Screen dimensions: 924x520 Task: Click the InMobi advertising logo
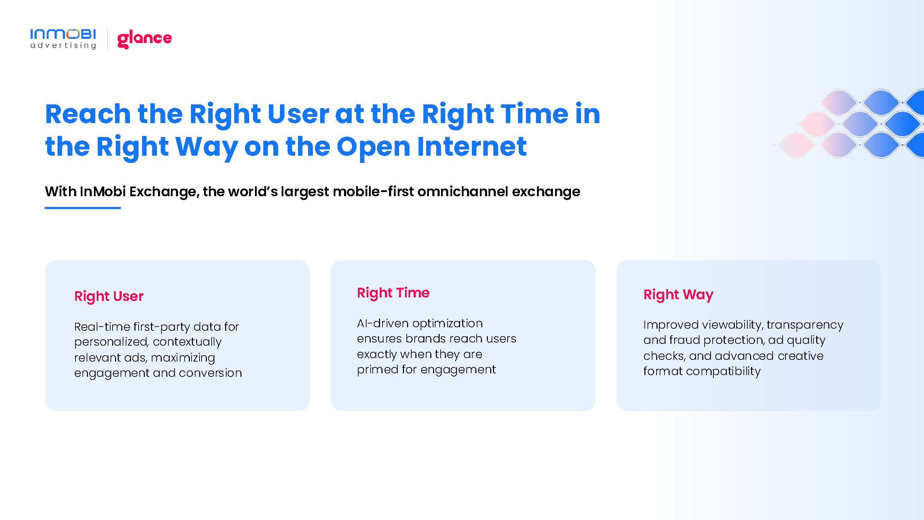pyautogui.click(x=63, y=39)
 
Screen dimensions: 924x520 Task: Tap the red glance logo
pyautogui.click(x=144, y=39)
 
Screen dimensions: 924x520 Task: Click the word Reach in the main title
pyautogui.click(x=88, y=114)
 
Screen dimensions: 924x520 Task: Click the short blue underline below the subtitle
pyautogui.click(x=83, y=208)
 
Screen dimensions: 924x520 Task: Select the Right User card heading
pyautogui.click(x=109, y=297)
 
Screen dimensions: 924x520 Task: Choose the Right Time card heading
pyautogui.click(x=393, y=293)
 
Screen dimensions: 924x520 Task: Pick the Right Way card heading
pyautogui.click(x=678, y=295)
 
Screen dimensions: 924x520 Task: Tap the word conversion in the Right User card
pyautogui.click(x=211, y=373)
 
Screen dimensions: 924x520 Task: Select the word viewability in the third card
pyautogui.click(x=732, y=325)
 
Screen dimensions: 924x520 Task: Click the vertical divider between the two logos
pyautogui.click(x=107, y=39)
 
